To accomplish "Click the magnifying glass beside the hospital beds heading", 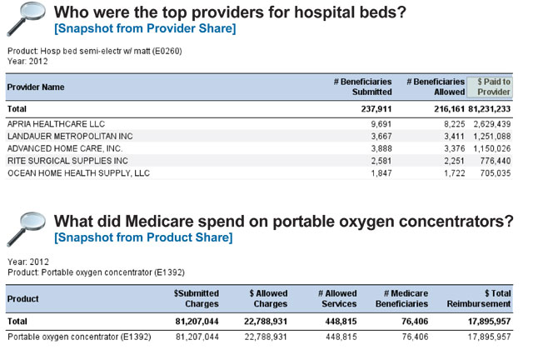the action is [x=26, y=18].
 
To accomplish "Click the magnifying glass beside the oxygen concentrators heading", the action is [x=26, y=229].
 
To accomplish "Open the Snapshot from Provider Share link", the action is [x=145, y=28].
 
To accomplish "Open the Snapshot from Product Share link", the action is [x=143, y=237].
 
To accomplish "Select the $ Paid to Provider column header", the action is [x=494, y=87].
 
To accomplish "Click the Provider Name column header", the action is [x=36, y=87].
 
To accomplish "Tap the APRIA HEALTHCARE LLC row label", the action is [x=56, y=124].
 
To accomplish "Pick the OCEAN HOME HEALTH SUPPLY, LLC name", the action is [x=78, y=173].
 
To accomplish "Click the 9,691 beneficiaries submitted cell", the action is [x=381, y=124].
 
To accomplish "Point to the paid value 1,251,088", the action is [x=492, y=137].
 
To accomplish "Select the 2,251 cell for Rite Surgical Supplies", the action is [x=454, y=161].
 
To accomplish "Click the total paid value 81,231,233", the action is [x=490, y=109].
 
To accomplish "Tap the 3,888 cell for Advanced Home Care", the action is [x=381, y=148].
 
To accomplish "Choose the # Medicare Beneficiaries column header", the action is [x=401, y=298].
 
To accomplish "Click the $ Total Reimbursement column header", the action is [x=479, y=298].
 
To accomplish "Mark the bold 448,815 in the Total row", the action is [x=341, y=322].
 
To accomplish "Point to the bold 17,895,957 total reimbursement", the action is [x=489, y=322].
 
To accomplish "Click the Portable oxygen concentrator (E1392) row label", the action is [x=79, y=337].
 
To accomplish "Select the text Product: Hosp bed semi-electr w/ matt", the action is [x=79, y=51].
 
